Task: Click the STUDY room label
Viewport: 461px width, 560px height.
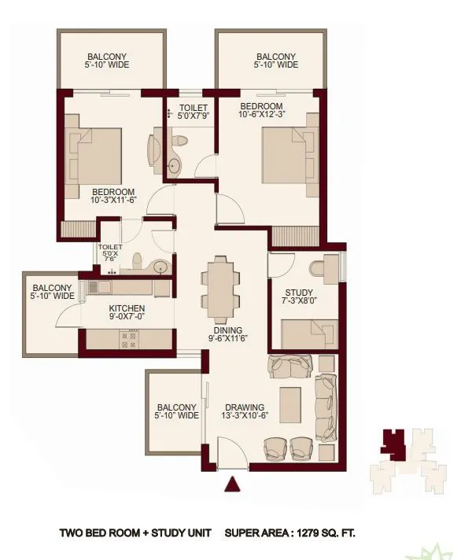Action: click(298, 297)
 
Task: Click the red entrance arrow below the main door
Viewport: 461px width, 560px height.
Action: click(232, 484)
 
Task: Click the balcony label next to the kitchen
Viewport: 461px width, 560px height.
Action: click(53, 292)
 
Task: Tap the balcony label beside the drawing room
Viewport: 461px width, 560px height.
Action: click(177, 411)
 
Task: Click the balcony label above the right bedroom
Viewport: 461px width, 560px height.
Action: click(276, 61)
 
